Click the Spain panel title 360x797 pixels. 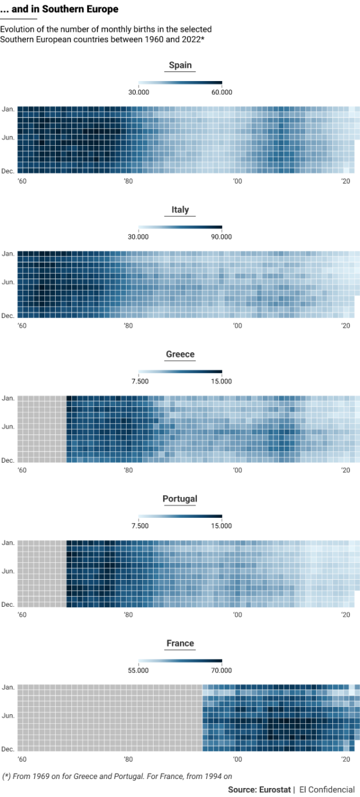click(180, 65)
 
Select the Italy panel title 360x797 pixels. click(180, 209)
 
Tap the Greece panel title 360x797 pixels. click(180, 354)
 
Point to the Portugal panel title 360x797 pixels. click(180, 499)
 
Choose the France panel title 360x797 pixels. click(180, 643)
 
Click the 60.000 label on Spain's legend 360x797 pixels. click(222, 92)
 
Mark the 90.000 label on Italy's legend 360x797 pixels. click(222, 236)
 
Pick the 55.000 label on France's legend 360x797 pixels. click(139, 670)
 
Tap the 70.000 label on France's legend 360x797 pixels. click(222, 670)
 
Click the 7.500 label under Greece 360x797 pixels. click(139, 381)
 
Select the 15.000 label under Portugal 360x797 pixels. click(222, 526)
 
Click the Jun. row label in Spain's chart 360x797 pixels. click(8, 137)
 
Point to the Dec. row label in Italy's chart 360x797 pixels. click(8, 315)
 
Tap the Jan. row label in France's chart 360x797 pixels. click(8, 687)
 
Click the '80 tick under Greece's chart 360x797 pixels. click(128, 471)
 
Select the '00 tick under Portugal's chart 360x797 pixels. click(237, 615)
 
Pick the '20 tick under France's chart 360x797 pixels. click(346, 760)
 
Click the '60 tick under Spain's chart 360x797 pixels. click(22, 181)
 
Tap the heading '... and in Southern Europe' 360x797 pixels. click(59, 10)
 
